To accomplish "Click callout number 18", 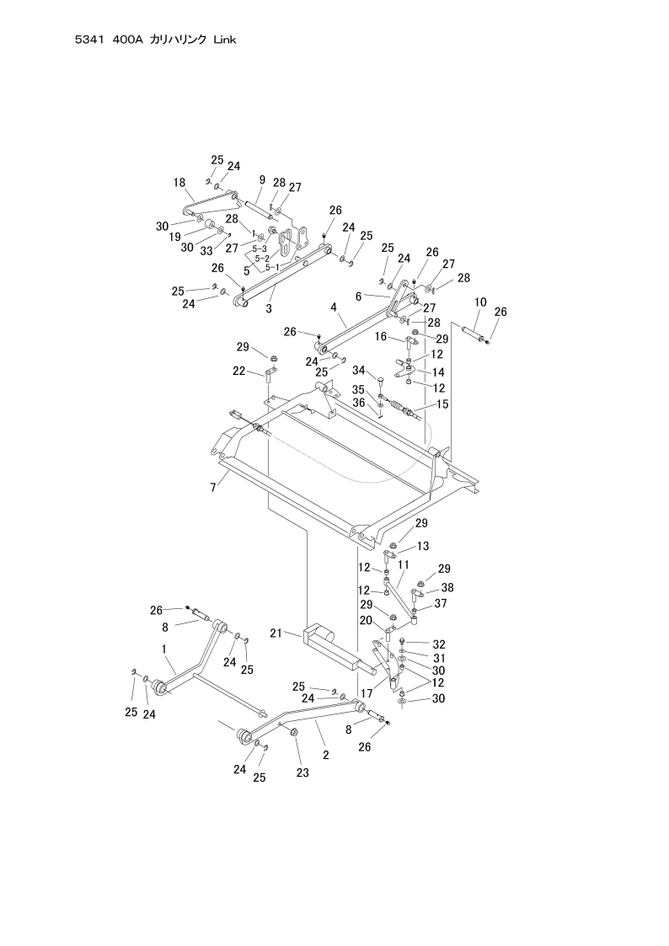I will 179,182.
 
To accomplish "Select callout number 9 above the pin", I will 262,180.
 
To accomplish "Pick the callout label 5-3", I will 260,249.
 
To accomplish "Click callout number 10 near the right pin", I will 480,302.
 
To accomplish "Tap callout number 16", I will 381,336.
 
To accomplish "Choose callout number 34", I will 358,371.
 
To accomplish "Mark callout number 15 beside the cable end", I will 442,404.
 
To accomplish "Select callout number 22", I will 239,371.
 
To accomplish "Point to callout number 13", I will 422,546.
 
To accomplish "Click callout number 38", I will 447,587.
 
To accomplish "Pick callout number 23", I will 302,772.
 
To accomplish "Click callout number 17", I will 367,692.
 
